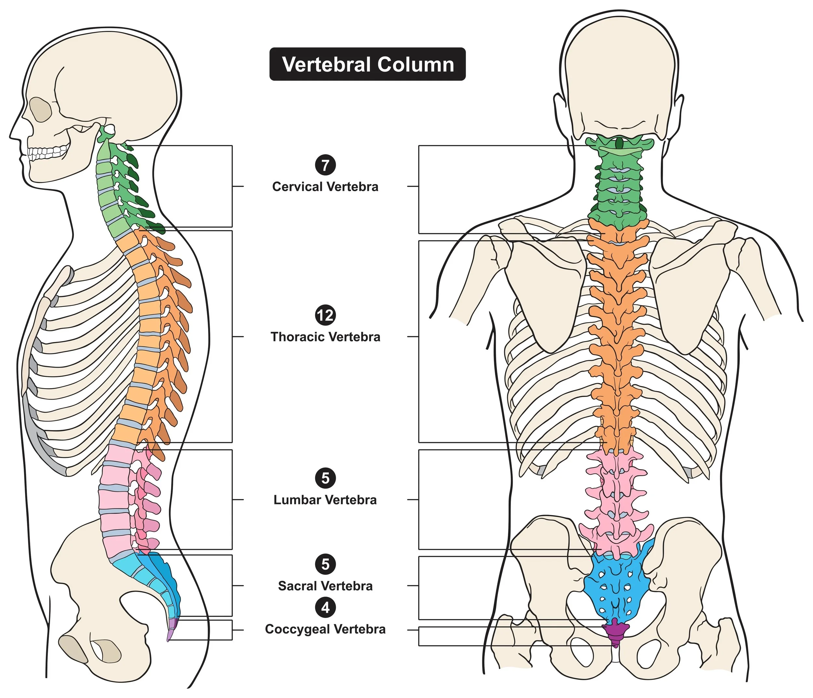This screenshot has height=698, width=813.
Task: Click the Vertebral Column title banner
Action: pyautogui.click(x=367, y=64)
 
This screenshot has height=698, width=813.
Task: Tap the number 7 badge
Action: pyautogui.click(x=325, y=165)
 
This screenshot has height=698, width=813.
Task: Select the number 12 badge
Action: pyautogui.click(x=325, y=315)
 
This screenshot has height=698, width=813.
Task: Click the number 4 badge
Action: pyautogui.click(x=325, y=608)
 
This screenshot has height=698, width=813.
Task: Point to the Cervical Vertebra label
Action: pyautogui.click(x=325, y=187)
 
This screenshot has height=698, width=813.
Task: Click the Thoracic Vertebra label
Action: pyautogui.click(x=325, y=337)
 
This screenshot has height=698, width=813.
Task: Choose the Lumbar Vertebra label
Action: pyautogui.click(x=325, y=500)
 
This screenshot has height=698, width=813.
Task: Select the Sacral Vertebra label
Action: pyautogui.click(x=325, y=586)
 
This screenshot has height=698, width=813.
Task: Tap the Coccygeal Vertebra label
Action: pyautogui.click(x=325, y=629)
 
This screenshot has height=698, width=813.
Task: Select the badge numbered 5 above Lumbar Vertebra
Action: pyautogui.click(x=325, y=478)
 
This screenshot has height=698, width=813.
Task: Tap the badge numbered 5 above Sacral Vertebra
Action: pyautogui.click(x=325, y=564)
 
